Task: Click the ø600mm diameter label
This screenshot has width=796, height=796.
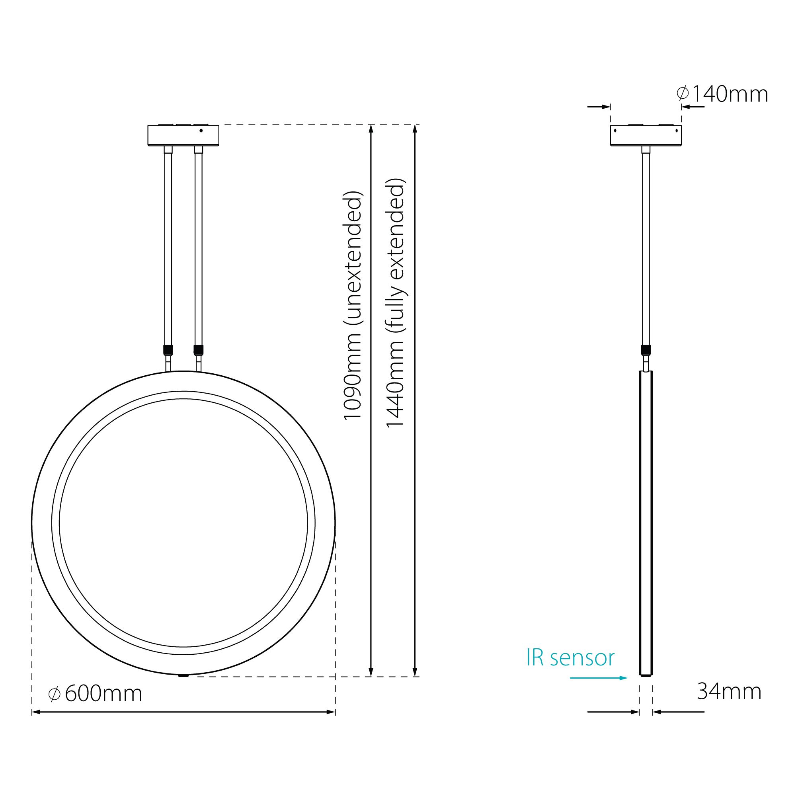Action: tap(95, 693)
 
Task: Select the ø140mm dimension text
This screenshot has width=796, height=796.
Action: tap(722, 94)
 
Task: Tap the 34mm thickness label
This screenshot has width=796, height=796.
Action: tap(729, 691)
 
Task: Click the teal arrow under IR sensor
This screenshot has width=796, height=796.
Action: tap(599, 678)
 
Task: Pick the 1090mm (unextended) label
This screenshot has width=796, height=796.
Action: tap(353, 305)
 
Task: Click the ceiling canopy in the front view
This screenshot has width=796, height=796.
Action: tap(183, 135)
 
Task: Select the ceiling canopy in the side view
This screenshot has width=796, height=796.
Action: tap(646, 135)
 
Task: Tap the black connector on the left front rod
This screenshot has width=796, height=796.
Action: tap(168, 350)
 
